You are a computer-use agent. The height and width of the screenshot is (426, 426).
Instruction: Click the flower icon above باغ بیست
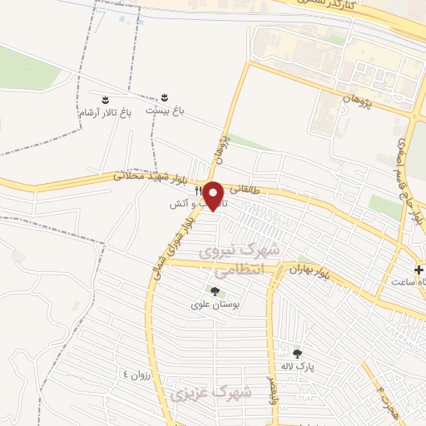coord(164,97)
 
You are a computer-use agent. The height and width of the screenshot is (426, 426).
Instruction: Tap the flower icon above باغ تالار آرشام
coord(105,99)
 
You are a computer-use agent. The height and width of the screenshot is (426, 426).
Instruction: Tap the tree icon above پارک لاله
coord(297,354)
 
